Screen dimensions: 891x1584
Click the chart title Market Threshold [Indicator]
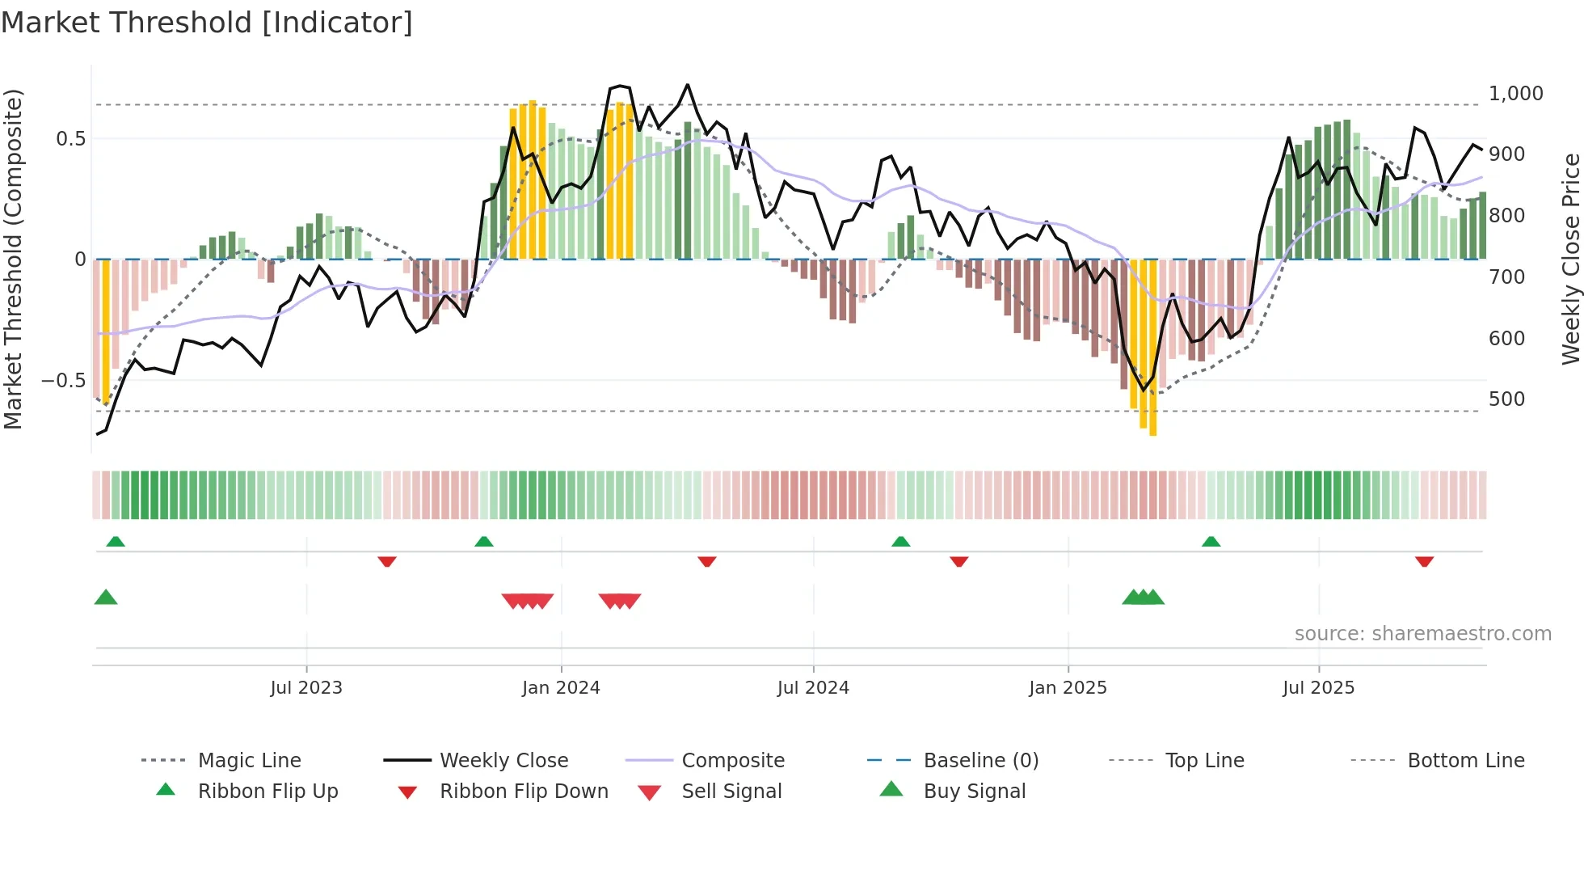[x=207, y=23]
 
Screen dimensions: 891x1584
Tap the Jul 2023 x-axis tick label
[x=306, y=688]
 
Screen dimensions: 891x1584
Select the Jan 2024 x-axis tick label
[x=561, y=688]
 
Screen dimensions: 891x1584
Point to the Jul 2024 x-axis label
[x=813, y=688]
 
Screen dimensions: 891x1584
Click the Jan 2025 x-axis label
[x=1068, y=688]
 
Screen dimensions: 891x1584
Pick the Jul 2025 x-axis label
[x=1318, y=688]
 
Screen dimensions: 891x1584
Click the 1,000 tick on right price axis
[x=1515, y=94]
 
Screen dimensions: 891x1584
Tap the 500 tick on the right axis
[x=1506, y=399]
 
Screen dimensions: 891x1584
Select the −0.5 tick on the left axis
[x=64, y=381]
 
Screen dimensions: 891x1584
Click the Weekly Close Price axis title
[x=1570, y=259]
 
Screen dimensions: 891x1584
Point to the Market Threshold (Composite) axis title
[x=13, y=259]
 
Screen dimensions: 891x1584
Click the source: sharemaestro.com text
[x=1422, y=634]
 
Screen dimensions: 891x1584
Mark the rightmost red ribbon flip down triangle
[x=1424, y=561]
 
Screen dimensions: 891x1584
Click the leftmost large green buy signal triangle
[x=106, y=598]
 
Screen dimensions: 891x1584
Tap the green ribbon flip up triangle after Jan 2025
[x=1211, y=542]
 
